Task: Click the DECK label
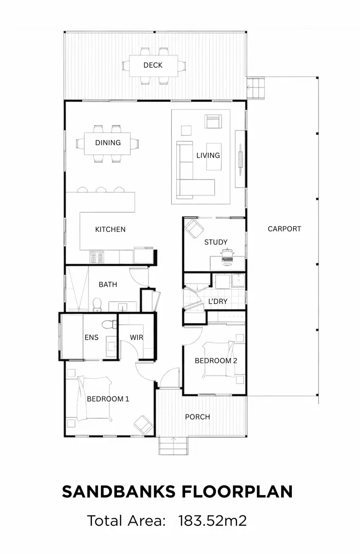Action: click(153, 65)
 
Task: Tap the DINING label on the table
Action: click(108, 143)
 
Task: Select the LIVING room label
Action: click(208, 155)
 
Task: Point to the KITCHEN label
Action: click(110, 229)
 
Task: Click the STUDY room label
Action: click(215, 242)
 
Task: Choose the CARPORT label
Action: click(284, 229)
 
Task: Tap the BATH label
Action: click(108, 284)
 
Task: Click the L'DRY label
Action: click(217, 301)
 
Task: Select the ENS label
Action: click(91, 338)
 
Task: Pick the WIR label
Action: click(136, 338)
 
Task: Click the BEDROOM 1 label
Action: click(108, 399)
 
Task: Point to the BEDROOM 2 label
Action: click(215, 361)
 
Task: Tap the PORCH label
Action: click(197, 417)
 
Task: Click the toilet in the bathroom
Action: click(96, 305)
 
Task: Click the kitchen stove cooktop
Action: click(97, 256)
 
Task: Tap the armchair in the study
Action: click(193, 227)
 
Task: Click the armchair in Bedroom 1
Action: click(143, 424)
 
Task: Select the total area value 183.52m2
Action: click(212, 521)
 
